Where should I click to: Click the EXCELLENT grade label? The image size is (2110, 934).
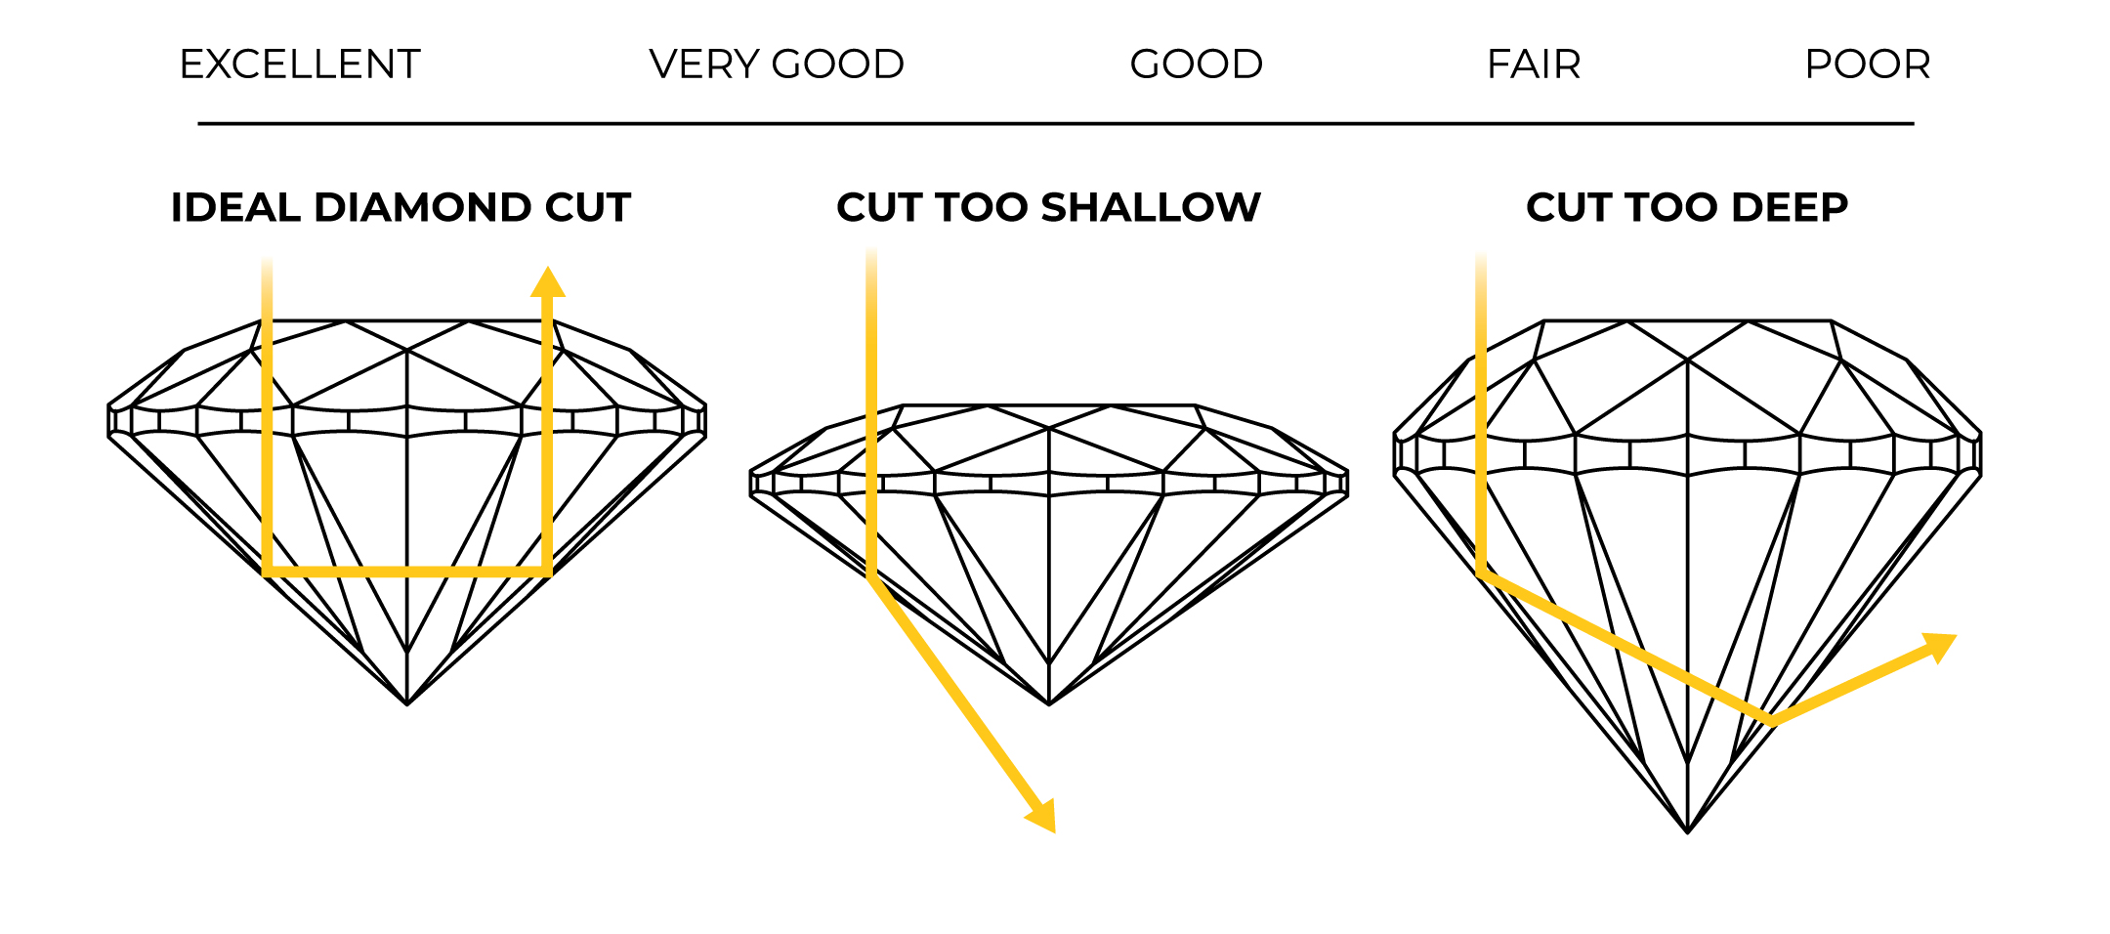pos(300,64)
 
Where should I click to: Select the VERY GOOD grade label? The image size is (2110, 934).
pos(777,64)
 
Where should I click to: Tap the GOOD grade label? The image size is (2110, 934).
pos(1196,64)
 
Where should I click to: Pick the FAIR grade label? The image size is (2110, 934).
pos(1534,64)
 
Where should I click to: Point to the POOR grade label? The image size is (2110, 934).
pos(1868,64)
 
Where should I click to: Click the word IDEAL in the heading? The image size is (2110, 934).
pos(235,207)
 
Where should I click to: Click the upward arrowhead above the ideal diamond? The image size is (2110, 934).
pos(548,282)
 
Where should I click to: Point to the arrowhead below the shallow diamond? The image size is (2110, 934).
pos(1043,817)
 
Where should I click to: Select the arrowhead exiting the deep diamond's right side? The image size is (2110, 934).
pos(1940,647)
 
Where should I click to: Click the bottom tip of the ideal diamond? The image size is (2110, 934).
pos(407,702)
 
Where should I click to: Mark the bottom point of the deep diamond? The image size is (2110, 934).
pos(1688,831)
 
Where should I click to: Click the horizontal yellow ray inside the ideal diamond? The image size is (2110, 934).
pos(407,572)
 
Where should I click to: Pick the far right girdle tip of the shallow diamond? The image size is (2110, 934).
pos(1347,484)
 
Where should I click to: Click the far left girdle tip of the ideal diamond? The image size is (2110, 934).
pos(109,421)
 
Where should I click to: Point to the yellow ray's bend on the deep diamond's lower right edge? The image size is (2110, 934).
pos(1772,722)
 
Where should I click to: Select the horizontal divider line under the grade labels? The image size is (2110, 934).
pos(1055,124)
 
